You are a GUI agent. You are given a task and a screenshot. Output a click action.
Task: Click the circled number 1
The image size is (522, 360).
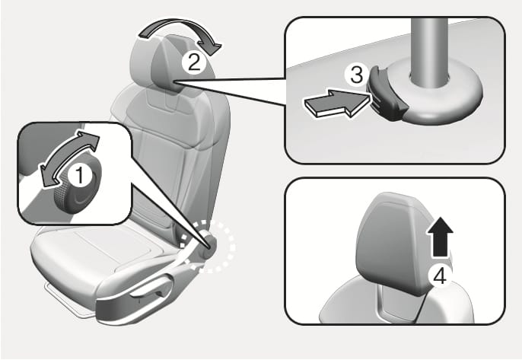point(78,174)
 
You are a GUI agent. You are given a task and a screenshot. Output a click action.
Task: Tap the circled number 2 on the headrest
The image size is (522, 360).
point(196,61)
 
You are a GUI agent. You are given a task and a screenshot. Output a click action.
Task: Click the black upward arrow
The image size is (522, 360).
point(438,236)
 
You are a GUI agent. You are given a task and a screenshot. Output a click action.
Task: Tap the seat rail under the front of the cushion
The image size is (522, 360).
point(61,290)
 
